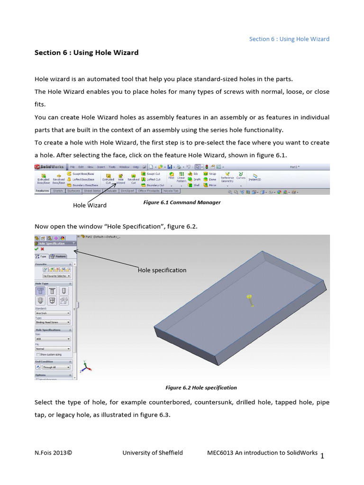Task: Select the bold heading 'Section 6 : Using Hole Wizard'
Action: pos(87,53)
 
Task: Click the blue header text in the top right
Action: pos(289,39)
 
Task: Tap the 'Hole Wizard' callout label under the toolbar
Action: pos(90,205)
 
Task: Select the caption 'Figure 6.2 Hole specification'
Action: pos(201,387)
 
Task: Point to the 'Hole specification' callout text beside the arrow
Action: pos(162,270)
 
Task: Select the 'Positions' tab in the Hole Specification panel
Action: pos(58,256)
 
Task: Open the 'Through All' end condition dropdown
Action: pos(56,367)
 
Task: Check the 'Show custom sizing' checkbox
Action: pos(38,354)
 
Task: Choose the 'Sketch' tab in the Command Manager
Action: pos(58,191)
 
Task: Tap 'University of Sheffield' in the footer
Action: pos(152,453)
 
